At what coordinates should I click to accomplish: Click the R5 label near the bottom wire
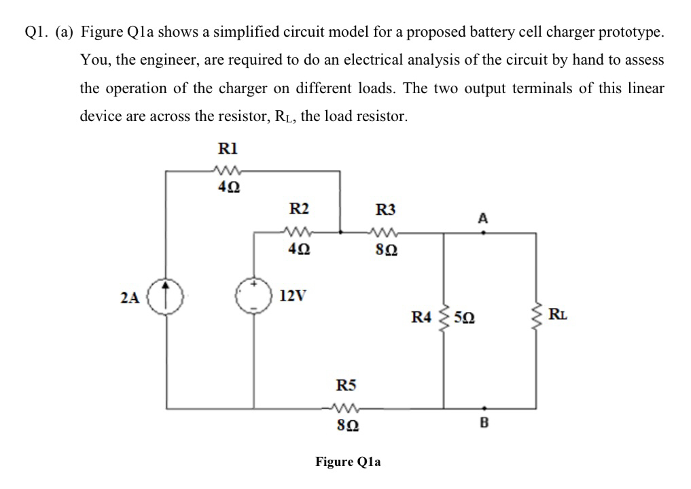pyautogui.click(x=347, y=386)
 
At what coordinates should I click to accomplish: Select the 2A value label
pyautogui.click(x=130, y=297)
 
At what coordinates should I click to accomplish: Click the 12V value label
pyautogui.click(x=293, y=297)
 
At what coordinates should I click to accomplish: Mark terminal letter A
pyautogui.click(x=482, y=218)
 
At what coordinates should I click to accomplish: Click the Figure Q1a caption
pyautogui.click(x=348, y=462)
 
